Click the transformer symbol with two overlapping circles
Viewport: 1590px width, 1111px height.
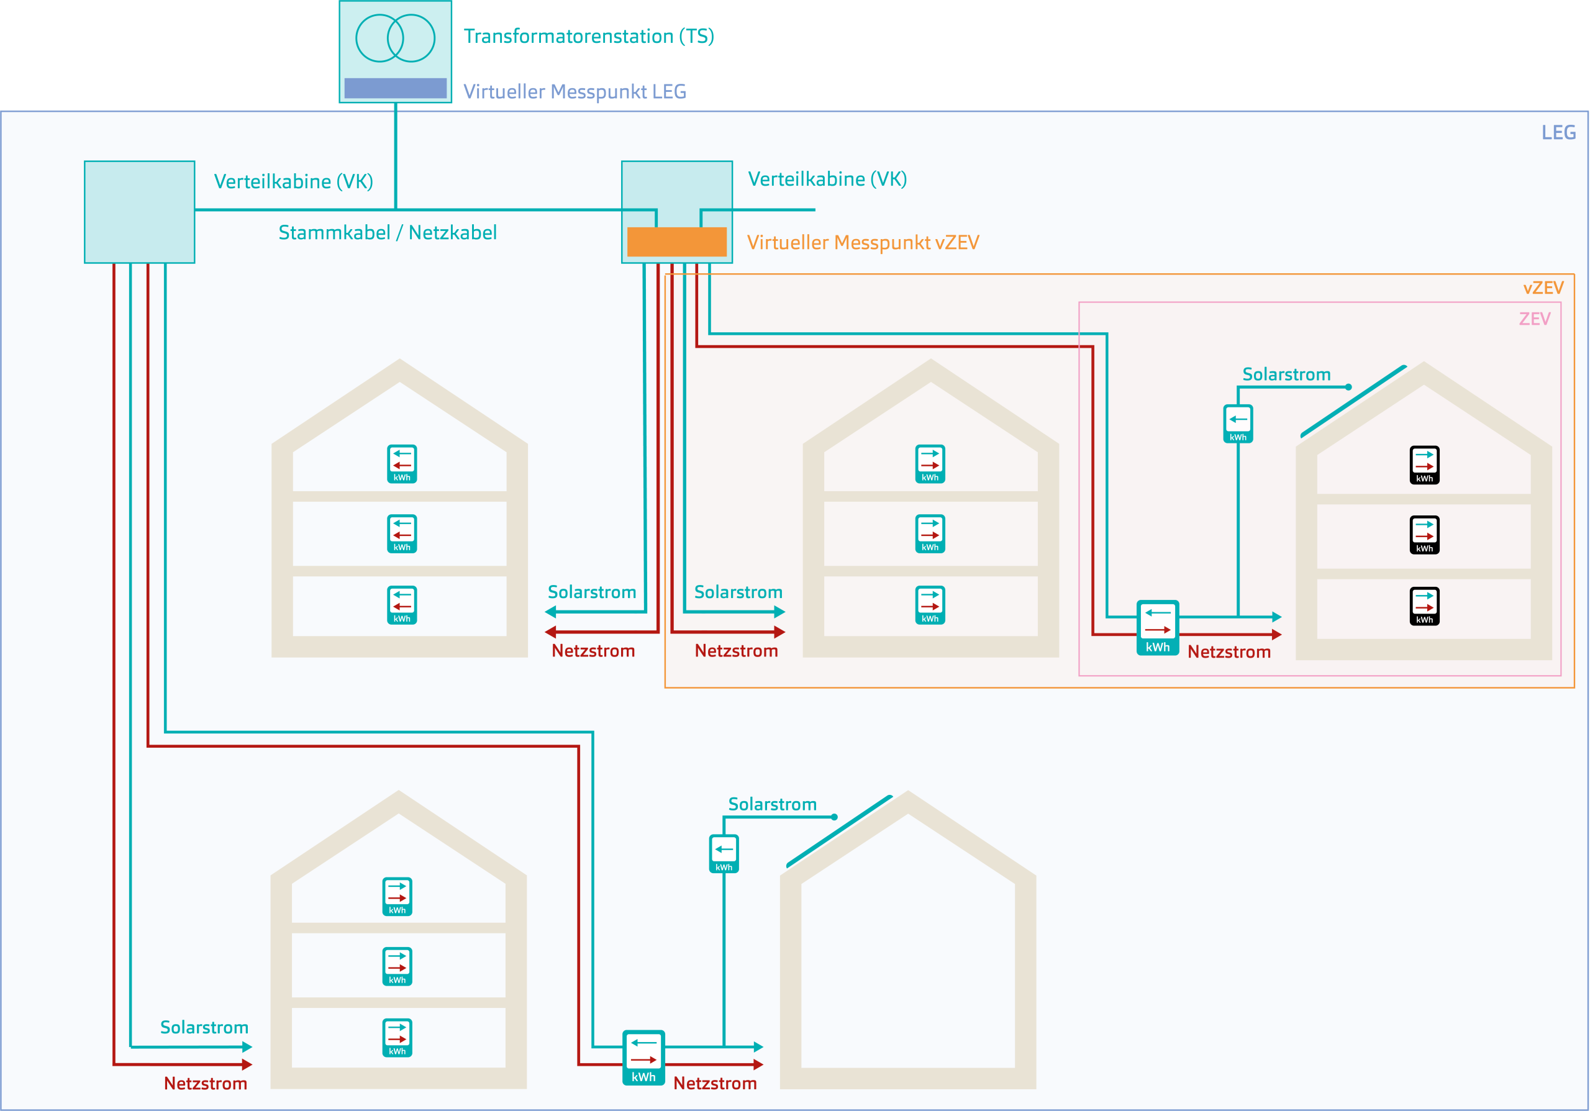click(x=395, y=38)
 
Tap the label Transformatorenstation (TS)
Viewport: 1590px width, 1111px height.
click(x=589, y=36)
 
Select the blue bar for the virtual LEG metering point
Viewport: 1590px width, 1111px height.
click(x=396, y=88)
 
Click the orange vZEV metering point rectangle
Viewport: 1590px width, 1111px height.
click(x=676, y=242)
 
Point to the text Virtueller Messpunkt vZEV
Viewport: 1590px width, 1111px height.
click(x=863, y=242)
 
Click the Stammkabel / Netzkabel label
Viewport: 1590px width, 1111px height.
click(x=387, y=233)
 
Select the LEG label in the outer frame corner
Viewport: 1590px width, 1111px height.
click(x=1558, y=132)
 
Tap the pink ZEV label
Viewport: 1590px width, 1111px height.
click(x=1535, y=319)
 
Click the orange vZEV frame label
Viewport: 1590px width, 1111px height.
click(x=1543, y=288)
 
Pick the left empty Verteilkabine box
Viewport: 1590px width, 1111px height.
click(x=139, y=212)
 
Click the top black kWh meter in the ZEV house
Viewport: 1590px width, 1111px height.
click(x=1425, y=465)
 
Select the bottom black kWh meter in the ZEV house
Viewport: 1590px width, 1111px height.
click(x=1425, y=605)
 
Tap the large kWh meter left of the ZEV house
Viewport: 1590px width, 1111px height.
click(x=1157, y=627)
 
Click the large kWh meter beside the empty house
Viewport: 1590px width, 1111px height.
click(x=643, y=1057)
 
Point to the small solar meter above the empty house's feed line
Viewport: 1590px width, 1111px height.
click(x=724, y=853)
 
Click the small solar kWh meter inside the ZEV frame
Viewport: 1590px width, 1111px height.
click(x=1238, y=424)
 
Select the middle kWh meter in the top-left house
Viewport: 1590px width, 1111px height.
click(x=402, y=533)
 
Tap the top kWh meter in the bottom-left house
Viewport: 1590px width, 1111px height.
click(x=397, y=896)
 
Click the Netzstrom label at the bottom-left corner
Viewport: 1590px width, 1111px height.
click(x=205, y=1083)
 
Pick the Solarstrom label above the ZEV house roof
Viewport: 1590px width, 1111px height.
click(x=1286, y=374)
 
